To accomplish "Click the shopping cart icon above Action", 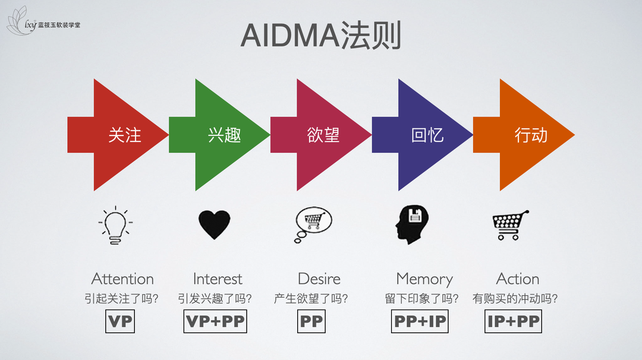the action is click(510, 225).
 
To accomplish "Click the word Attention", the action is click(122, 279).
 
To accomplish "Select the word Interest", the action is click(218, 279).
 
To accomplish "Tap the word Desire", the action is click(319, 279).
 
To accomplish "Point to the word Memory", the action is click(424, 279).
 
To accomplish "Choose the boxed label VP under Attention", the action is click(120, 321).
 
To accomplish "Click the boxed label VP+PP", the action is click(215, 321).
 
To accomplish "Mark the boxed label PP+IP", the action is click(420, 321).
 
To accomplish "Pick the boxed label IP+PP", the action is click(514, 321).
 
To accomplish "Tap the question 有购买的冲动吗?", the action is click(515, 298).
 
